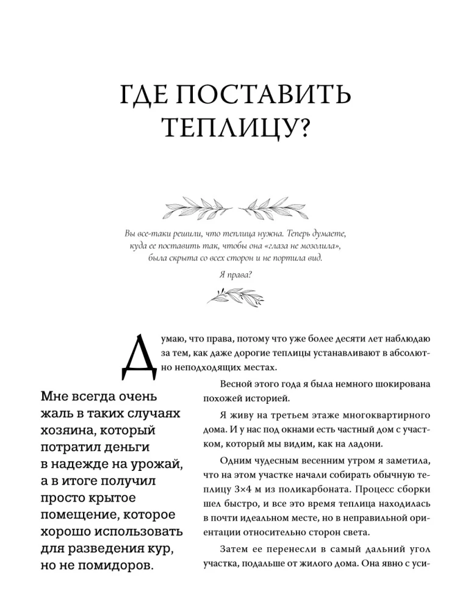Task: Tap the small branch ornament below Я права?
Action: coord(235,296)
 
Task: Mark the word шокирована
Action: coord(395,384)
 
